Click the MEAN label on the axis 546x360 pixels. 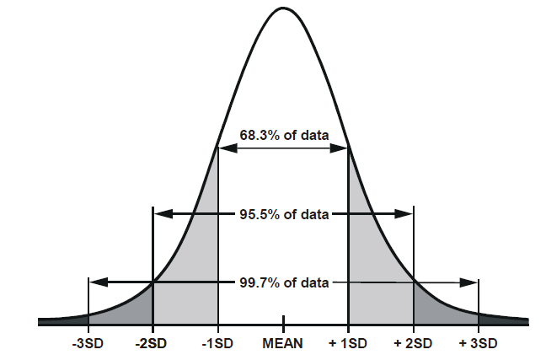283,345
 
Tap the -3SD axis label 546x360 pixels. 88,345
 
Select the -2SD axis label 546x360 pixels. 153,345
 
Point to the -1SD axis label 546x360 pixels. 217,345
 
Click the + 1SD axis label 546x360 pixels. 348,345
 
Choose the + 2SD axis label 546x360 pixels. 413,345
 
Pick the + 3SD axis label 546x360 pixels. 479,345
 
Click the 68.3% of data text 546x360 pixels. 283,135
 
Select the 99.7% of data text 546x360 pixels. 283,282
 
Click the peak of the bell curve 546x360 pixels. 283,8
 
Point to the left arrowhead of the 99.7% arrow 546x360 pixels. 94,281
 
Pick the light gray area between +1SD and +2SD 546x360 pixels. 375,278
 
